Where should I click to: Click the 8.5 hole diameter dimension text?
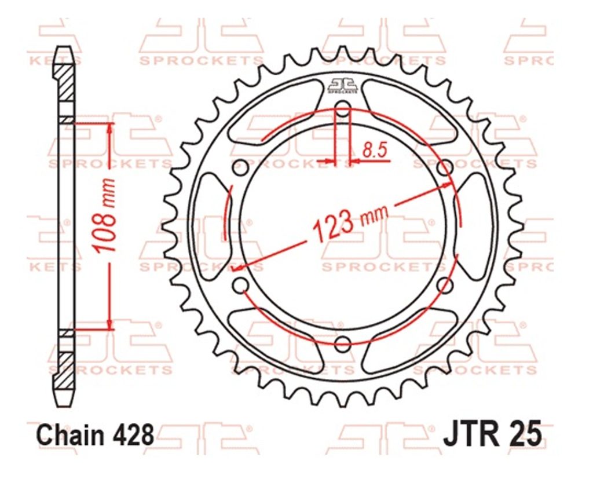click(x=375, y=151)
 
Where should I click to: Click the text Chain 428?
click(x=96, y=435)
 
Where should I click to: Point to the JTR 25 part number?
click(x=492, y=435)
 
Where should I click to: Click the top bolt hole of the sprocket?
click(x=343, y=108)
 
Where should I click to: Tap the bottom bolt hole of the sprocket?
click(x=343, y=344)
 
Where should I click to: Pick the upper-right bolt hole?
click(x=445, y=167)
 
